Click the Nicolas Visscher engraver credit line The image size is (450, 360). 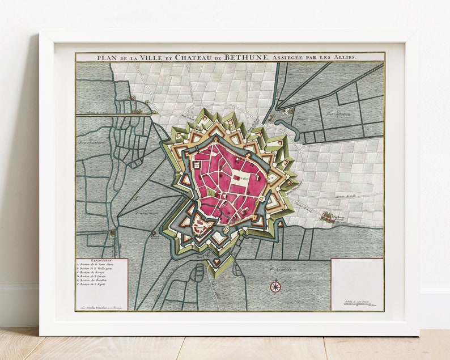click(103, 307)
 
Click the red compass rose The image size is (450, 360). click(275, 286)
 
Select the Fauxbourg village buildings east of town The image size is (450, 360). click(328, 216)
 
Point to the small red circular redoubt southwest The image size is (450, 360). click(153, 232)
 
